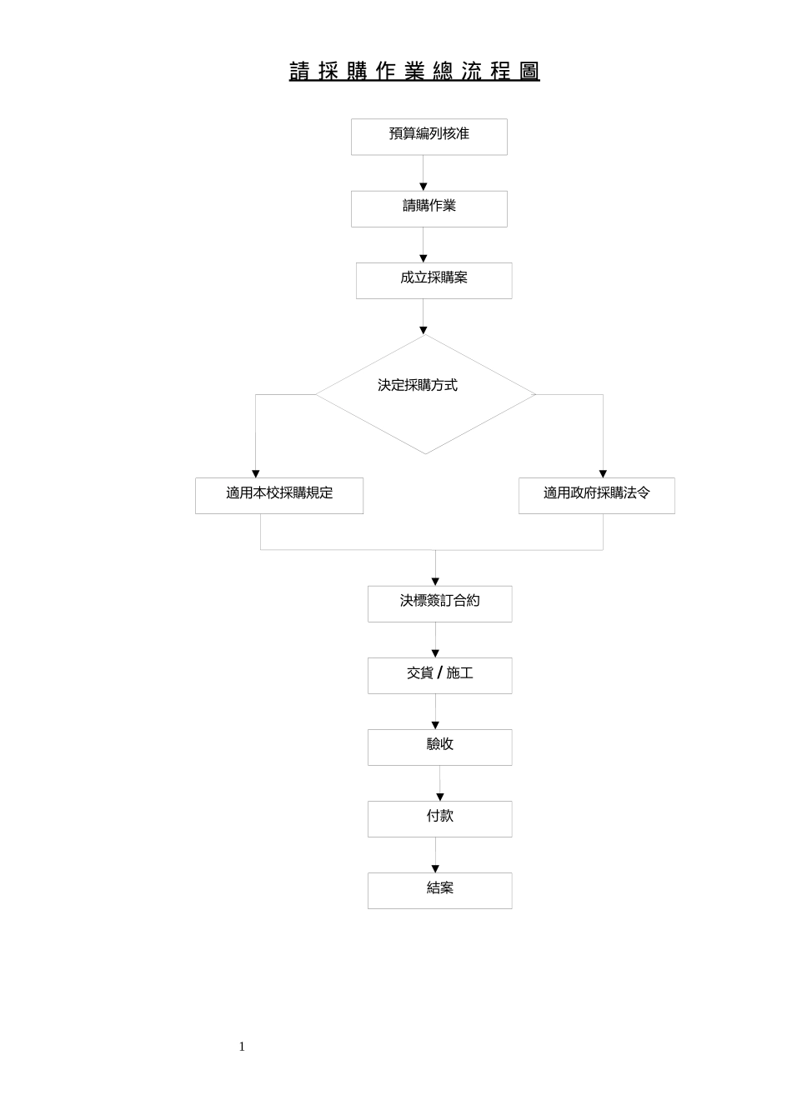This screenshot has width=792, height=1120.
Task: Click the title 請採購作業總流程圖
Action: [414, 71]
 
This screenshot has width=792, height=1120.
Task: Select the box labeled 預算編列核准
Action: [429, 137]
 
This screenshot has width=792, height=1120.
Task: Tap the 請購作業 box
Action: [429, 208]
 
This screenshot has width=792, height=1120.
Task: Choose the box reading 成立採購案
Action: [434, 281]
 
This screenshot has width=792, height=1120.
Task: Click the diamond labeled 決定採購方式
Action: [425, 394]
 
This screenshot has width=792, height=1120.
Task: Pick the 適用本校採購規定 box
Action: [279, 496]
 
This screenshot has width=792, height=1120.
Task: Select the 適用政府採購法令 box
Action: [596, 496]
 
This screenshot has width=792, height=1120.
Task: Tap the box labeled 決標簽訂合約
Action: [440, 603]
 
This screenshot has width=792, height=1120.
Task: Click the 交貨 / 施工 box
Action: [440, 676]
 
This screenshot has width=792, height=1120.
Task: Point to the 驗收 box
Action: [440, 747]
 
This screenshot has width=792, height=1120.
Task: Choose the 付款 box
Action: [440, 819]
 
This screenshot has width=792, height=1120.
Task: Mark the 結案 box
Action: [440, 891]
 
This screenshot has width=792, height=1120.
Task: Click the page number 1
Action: [242, 1047]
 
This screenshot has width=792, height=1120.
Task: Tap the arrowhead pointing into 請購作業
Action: [424, 187]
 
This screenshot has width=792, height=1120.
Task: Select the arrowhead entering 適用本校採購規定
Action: [256, 474]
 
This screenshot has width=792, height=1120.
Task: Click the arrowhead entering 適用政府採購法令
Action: [603, 474]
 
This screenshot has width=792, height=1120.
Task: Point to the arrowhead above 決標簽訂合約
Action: [435, 582]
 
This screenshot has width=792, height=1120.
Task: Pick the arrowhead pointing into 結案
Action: [435, 869]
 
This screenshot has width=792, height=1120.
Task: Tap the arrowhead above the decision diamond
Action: [424, 331]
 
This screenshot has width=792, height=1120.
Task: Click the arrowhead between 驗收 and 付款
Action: [440, 797]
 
